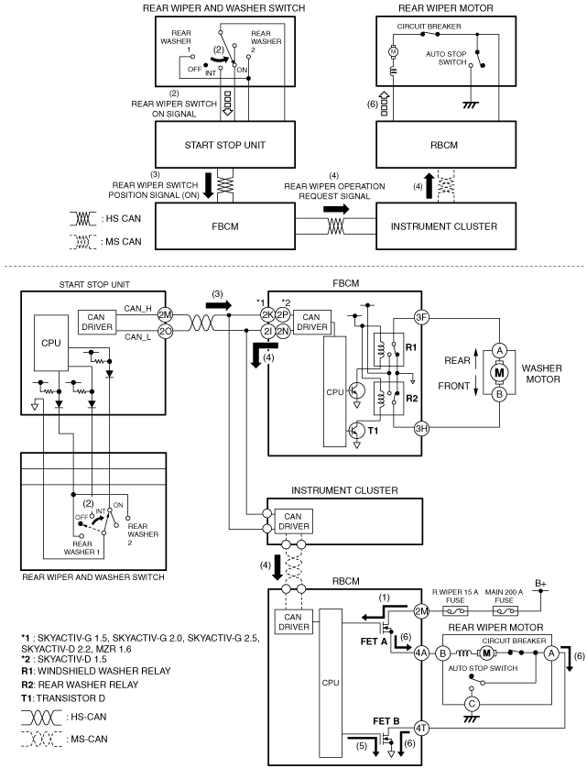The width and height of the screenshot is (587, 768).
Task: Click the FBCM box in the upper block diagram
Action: (225, 226)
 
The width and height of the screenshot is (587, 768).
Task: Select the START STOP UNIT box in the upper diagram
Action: (225, 145)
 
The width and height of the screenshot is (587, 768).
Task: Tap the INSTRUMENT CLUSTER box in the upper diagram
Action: (446, 226)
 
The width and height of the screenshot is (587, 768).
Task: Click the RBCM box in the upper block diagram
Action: (446, 145)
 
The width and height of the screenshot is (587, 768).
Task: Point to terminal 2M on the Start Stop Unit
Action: (165, 315)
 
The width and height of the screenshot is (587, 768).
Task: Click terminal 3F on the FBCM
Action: (421, 317)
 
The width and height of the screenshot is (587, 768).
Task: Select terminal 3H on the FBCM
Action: (421, 429)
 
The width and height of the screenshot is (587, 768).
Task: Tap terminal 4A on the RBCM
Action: (421, 653)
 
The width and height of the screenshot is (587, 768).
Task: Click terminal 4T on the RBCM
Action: (421, 728)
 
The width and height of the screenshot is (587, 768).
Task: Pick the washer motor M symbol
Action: (499, 373)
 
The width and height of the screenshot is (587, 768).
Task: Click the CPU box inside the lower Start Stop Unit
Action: (51, 343)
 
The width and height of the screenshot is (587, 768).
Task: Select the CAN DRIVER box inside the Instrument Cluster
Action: (293, 521)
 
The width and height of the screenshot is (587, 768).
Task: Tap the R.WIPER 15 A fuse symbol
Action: (455, 610)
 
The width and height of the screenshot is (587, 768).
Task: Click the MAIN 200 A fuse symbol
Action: (505, 610)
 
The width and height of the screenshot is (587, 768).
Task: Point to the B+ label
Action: (540, 584)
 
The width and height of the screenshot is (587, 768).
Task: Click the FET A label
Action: (374, 642)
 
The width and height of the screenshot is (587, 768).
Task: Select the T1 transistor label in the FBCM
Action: (373, 431)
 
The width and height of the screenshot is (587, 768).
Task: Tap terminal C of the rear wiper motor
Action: (472, 704)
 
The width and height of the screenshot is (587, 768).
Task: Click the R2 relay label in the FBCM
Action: (412, 398)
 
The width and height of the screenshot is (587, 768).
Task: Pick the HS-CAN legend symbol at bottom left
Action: (41, 718)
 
